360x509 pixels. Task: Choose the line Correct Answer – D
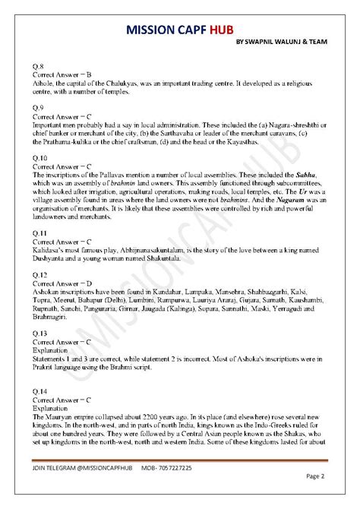coord(61,281)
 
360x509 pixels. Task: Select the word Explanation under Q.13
coord(50,351)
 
